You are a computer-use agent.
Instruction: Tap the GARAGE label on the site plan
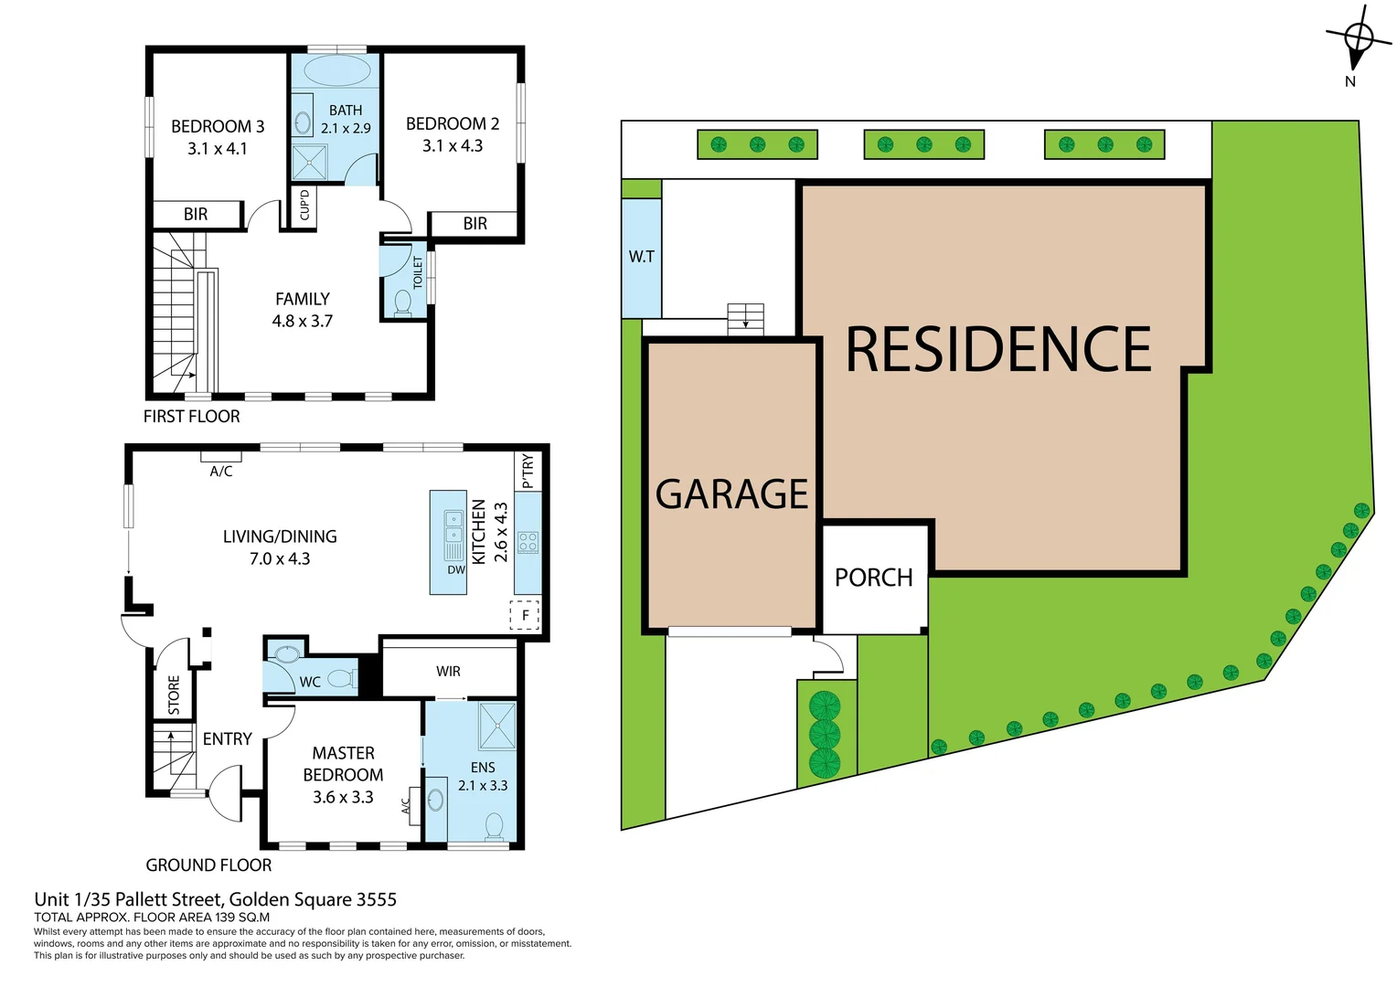[x=731, y=494]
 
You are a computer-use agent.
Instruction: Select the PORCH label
[x=873, y=578]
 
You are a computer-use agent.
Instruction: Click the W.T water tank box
[x=641, y=257]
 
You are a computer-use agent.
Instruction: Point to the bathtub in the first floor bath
[x=336, y=71]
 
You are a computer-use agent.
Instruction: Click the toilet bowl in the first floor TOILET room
[x=402, y=302]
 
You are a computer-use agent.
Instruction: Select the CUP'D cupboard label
[x=304, y=205]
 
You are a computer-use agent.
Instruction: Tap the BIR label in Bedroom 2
[x=475, y=224]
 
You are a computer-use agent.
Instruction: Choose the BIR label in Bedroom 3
[x=196, y=215]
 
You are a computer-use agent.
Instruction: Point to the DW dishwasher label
[x=456, y=570]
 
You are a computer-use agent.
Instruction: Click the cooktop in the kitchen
[x=528, y=542]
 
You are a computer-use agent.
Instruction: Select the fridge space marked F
[x=525, y=615]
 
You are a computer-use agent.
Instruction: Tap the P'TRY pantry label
[x=528, y=471]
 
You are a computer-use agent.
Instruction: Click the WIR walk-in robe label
[x=448, y=672]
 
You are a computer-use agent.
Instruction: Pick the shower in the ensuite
[x=497, y=725]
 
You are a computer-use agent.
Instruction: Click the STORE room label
[x=174, y=695]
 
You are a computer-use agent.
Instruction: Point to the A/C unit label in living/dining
[x=221, y=472]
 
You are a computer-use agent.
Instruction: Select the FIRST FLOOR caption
[x=191, y=417]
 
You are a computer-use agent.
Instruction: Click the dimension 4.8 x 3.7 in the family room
[x=302, y=322]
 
